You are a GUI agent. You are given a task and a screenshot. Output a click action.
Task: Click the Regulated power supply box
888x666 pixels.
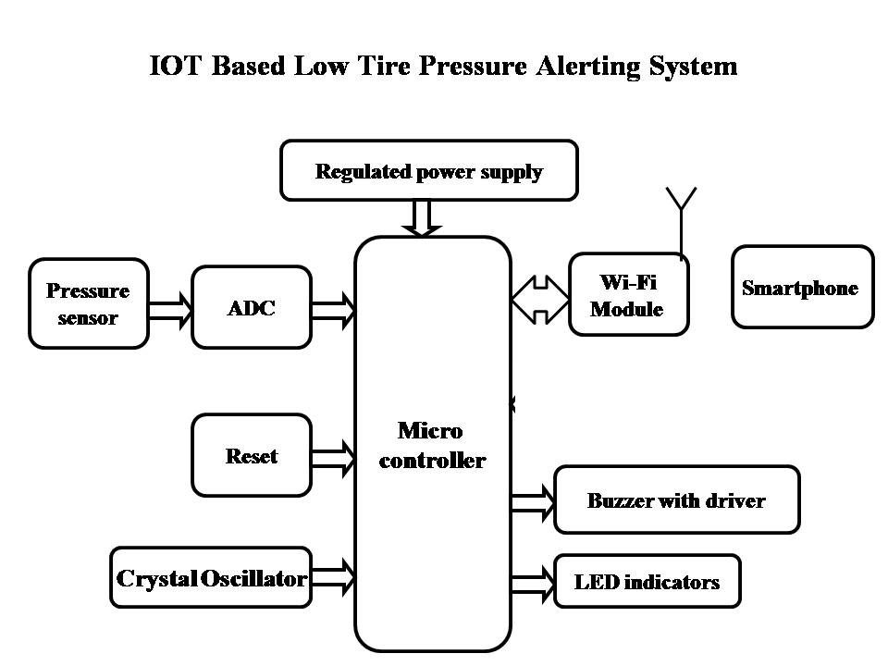point(428,170)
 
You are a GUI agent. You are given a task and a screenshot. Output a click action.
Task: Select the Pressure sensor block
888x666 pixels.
point(89,303)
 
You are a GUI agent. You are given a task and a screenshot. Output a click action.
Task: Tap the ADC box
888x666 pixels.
point(251,307)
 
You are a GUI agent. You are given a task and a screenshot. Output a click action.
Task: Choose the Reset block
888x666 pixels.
point(251,455)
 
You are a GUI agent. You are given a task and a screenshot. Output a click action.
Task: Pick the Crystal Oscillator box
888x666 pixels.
point(211,578)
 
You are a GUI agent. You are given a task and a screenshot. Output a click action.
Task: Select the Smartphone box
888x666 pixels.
point(802,287)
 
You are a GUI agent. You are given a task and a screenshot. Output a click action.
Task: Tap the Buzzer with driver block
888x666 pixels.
point(676,499)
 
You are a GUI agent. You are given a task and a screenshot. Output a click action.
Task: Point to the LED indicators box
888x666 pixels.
point(647,581)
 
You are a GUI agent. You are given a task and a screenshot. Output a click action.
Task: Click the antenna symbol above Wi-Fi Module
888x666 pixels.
point(682,217)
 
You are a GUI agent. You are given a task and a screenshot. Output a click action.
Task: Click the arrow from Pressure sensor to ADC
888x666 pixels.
point(170,308)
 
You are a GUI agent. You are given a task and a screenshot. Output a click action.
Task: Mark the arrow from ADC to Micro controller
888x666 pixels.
point(333,309)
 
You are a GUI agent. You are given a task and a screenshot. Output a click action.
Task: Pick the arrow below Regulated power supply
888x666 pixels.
point(421,218)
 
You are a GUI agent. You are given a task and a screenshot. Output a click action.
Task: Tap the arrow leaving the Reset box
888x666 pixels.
point(333,456)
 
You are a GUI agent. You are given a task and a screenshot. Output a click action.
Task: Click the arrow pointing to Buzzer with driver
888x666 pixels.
point(532,501)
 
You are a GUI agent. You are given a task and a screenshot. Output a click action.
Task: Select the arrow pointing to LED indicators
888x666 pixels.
point(532,584)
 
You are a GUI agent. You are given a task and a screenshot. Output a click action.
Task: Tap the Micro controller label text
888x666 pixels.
point(432,445)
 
